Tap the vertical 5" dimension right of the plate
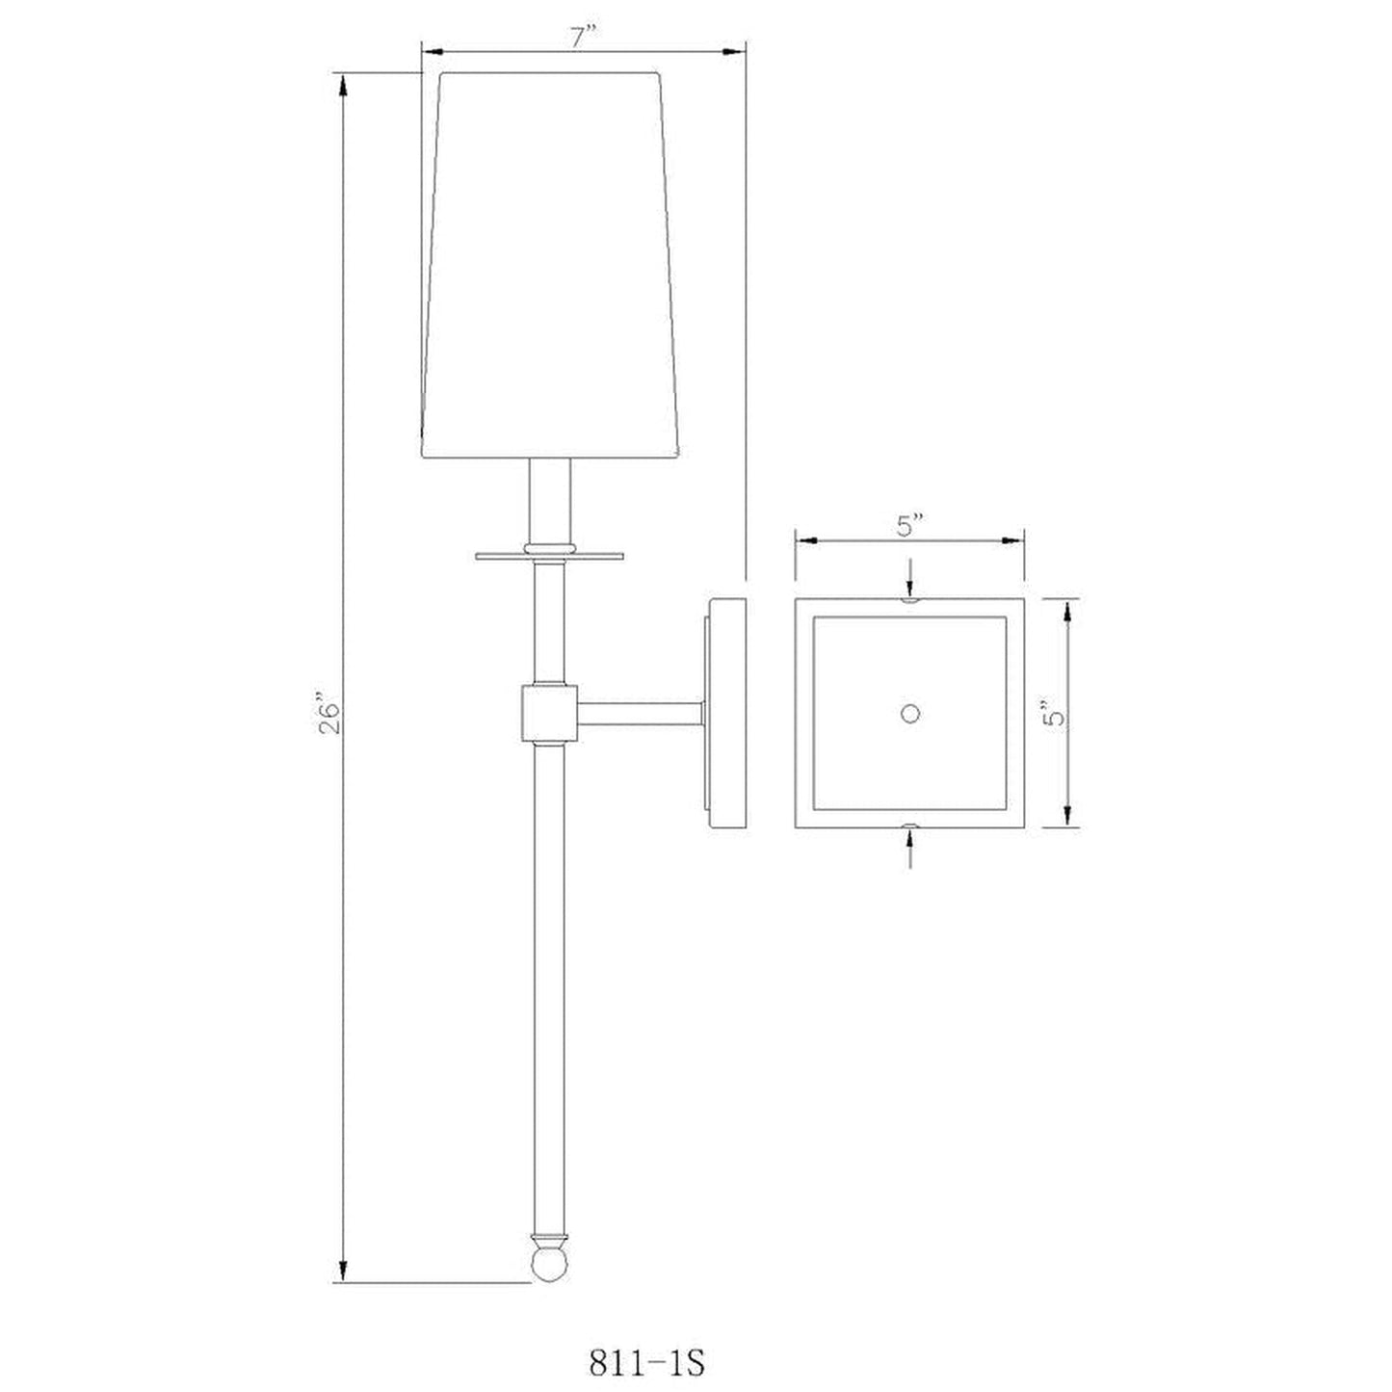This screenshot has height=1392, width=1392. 1057,714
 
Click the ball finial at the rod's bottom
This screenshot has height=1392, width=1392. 549,1264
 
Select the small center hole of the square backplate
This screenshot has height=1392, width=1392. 909,713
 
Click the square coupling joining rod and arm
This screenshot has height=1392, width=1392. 549,713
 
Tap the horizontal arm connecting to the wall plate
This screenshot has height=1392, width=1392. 640,714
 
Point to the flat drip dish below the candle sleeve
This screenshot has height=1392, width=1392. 550,554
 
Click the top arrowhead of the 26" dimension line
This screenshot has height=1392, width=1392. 342,89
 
